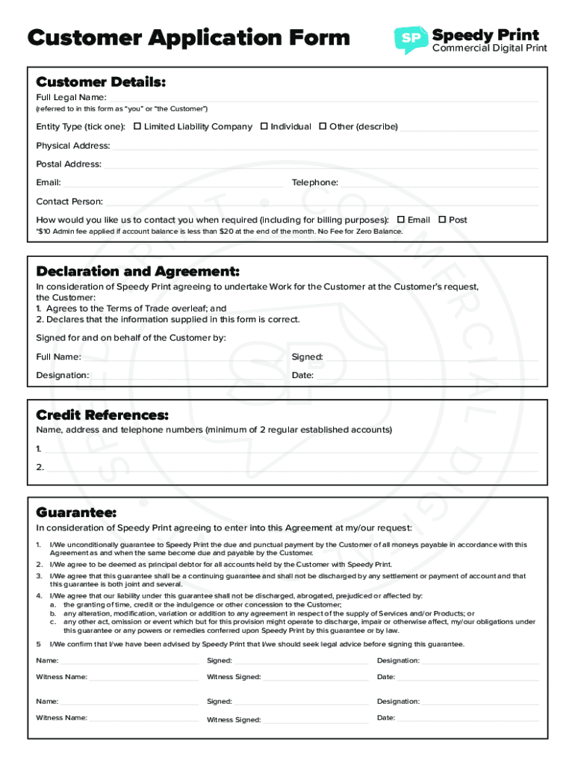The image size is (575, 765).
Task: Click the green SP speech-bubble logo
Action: pyautogui.click(x=410, y=40)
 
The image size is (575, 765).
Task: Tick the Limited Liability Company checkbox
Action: pyautogui.click(x=137, y=126)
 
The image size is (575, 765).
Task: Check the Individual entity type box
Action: pyautogui.click(x=264, y=126)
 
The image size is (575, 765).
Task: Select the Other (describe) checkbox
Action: pyautogui.click(x=323, y=126)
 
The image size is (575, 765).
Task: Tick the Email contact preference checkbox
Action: pyautogui.click(x=401, y=220)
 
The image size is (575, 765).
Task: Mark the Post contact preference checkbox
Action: pyautogui.click(x=442, y=220)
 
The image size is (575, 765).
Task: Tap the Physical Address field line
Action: pyautogui.click(x=325, y=146)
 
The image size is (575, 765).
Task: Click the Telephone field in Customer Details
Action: pyautogui.click(x=439, y=184)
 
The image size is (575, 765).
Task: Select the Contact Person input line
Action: pyautogui.click(x=321, y=202)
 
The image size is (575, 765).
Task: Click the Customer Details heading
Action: pyautogui.click(x=101, y=81)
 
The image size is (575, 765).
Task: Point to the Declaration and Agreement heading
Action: pyautogui.click(x=137, y=270)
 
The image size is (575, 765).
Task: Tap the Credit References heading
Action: pyautogui.click(x=102, y=415)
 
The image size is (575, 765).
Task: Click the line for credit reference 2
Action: pyautogui.click(x=291, y=468)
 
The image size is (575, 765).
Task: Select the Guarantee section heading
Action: pyautogui.click(x=76, y=512)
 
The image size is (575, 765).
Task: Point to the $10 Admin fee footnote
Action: pyautogui.click(x=219, y=232)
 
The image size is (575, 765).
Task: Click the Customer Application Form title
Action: pyautogui.click(x=188, y=37)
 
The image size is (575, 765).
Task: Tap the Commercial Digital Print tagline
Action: pyautogui.click(x=490, y=49)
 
